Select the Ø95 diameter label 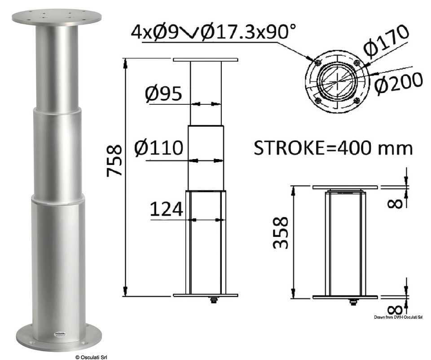coord(163,93)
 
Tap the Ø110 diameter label coord(159,147)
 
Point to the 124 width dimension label coord(166,209)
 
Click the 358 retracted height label coord(281,232)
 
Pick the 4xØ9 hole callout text coord(154,32)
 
